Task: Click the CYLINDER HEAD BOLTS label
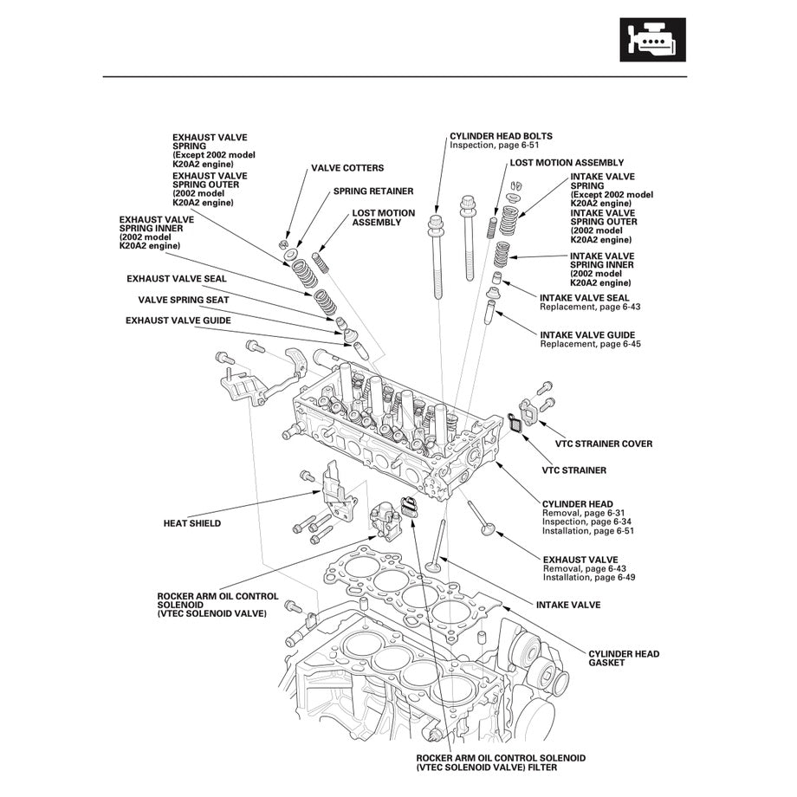click(x=501, y=136)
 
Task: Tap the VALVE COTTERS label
click(x=347, y=168)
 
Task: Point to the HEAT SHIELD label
click(x=191, y=523)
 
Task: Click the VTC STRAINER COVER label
click(x=597, y=444)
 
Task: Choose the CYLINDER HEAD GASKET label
click(x=624, y=658)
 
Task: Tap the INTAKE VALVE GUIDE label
click(x=586, y=334)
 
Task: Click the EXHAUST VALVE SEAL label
click(x=176, y=279)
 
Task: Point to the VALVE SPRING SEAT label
click(x=184, y=300)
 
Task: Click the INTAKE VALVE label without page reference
click(x=567, y=605)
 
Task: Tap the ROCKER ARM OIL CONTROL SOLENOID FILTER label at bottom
click(x=501, y=762)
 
